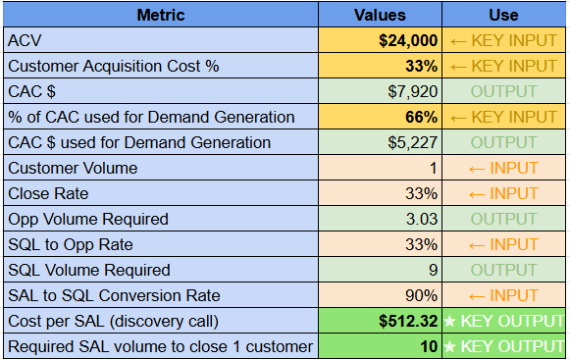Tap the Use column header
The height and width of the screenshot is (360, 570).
(503, 15)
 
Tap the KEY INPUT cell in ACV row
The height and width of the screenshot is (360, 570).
(503, 40)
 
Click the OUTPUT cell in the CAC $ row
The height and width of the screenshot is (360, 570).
(503, 91)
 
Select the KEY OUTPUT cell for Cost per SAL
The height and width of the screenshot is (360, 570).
(503, 321)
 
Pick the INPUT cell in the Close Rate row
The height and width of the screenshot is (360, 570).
(503, 193)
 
